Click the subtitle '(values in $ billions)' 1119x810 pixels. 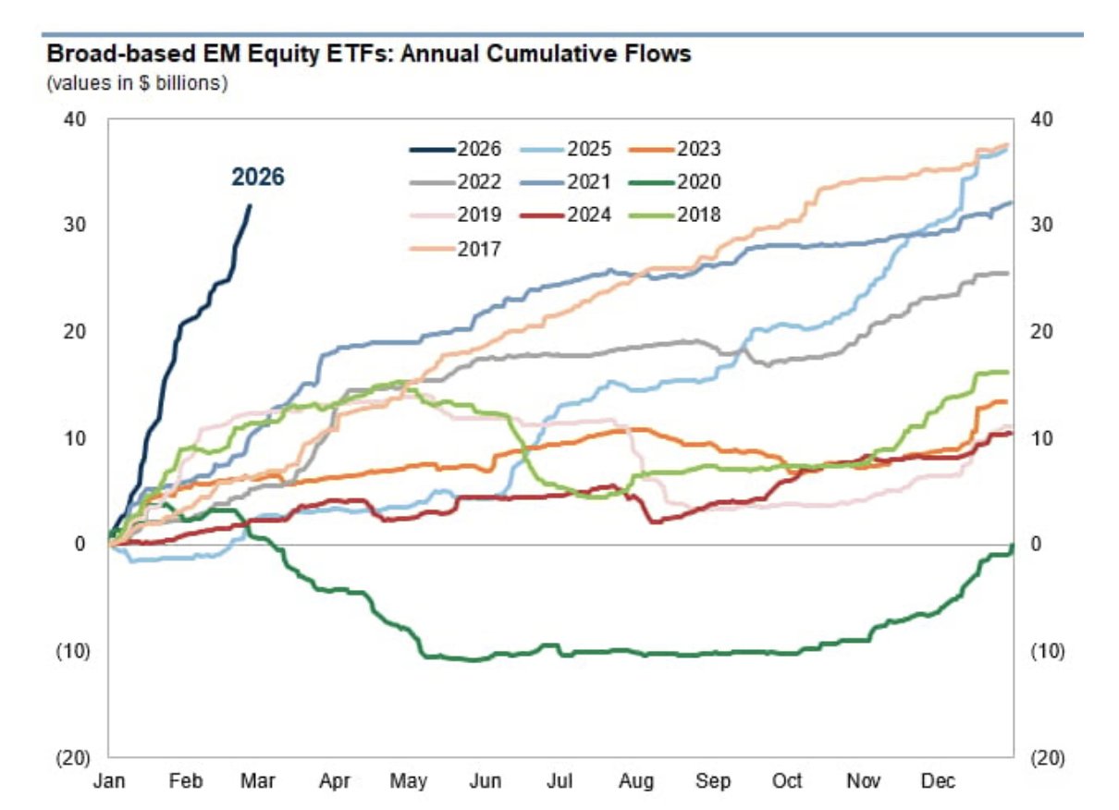point(137,83)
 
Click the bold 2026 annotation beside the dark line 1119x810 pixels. point(257,177)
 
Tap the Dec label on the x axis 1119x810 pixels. point(938,780)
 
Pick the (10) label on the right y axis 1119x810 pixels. point(1048,651)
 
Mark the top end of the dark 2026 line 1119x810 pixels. point(250,205)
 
